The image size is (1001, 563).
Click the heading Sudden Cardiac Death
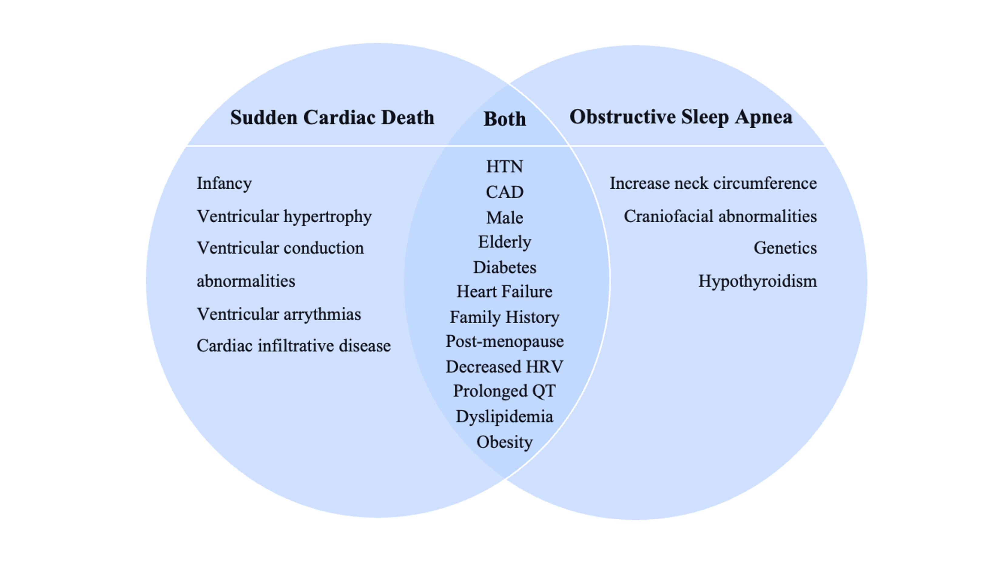(x=332, y=117)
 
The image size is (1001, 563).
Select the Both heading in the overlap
(x=504, y=119)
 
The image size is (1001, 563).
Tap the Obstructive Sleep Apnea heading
(x=681, y=117)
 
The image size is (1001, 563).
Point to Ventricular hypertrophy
(x=284, y=216)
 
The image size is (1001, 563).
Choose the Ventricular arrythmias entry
(x=279, y=314)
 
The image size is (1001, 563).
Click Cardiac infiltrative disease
(x=293, y=346)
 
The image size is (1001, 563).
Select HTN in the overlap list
(x=504, y=167)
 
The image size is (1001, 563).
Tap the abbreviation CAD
(x=504, y=192)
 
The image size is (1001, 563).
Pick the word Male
(x=504, y=217)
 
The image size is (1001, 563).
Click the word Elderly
(x=504, y=242)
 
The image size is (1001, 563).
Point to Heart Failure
(x=504, y=292)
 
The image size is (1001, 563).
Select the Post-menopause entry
(x=504, y=342)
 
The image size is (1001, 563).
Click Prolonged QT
(x=504, y=391)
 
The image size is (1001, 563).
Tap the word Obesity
(x=504, y=443)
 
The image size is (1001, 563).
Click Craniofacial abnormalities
(x=720, y=216)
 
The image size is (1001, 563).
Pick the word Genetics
(x=785, y=248)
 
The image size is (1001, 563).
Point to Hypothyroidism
(x=757, y=281)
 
